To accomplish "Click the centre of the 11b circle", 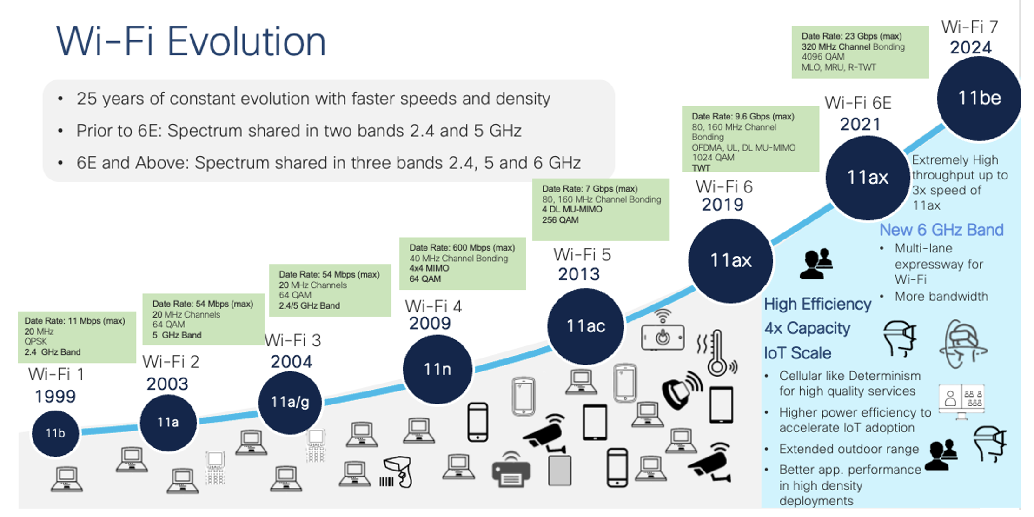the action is pos(55,433).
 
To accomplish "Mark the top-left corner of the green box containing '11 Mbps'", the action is pos(18,312).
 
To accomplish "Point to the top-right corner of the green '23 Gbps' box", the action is pos(929,26).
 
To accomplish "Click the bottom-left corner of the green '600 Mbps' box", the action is pos(399,290).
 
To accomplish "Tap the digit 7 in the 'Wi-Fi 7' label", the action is pos(993,27).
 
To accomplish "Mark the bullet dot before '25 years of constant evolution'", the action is pos(60,99).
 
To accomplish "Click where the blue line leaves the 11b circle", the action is pos(80,432).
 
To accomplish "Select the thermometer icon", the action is pos(717,352).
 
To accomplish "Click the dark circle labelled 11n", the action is pos(437,369).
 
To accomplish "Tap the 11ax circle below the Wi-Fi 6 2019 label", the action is pos(730,261).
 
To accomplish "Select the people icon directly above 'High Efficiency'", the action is pos(816,264).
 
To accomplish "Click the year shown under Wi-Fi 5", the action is pos(579,274).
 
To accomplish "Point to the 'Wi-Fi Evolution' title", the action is pos(191,42).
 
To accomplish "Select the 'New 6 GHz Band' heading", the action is pos(941,230).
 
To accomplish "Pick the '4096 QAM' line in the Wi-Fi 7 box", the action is pos(823,57).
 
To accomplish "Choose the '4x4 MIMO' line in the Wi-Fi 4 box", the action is pos(429,268).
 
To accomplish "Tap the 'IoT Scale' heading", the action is pos(797,353).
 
